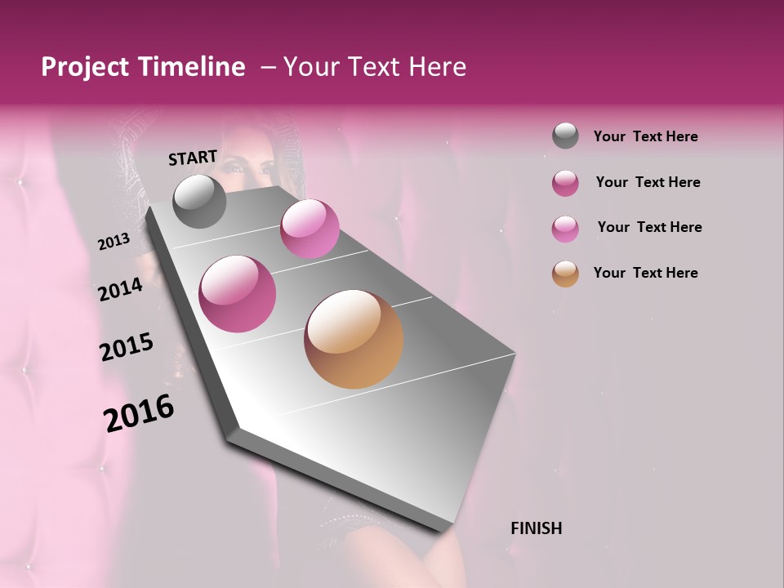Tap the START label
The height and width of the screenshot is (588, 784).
193,158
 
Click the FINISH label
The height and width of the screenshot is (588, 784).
536,528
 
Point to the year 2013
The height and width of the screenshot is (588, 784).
114,242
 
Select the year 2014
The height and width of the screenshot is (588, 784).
120,289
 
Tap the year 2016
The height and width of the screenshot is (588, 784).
139,413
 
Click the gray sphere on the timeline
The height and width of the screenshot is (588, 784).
199,202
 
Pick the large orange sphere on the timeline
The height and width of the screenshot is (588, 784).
354,339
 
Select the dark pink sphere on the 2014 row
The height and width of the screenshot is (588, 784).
238,294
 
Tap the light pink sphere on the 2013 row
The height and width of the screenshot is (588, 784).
310,229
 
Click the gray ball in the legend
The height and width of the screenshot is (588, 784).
565,136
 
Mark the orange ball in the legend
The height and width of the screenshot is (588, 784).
565,274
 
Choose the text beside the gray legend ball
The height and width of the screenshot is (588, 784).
645,136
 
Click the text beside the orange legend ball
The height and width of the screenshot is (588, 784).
645,273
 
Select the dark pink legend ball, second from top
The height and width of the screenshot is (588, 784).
565,183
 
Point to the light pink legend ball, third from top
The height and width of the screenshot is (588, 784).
565,229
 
